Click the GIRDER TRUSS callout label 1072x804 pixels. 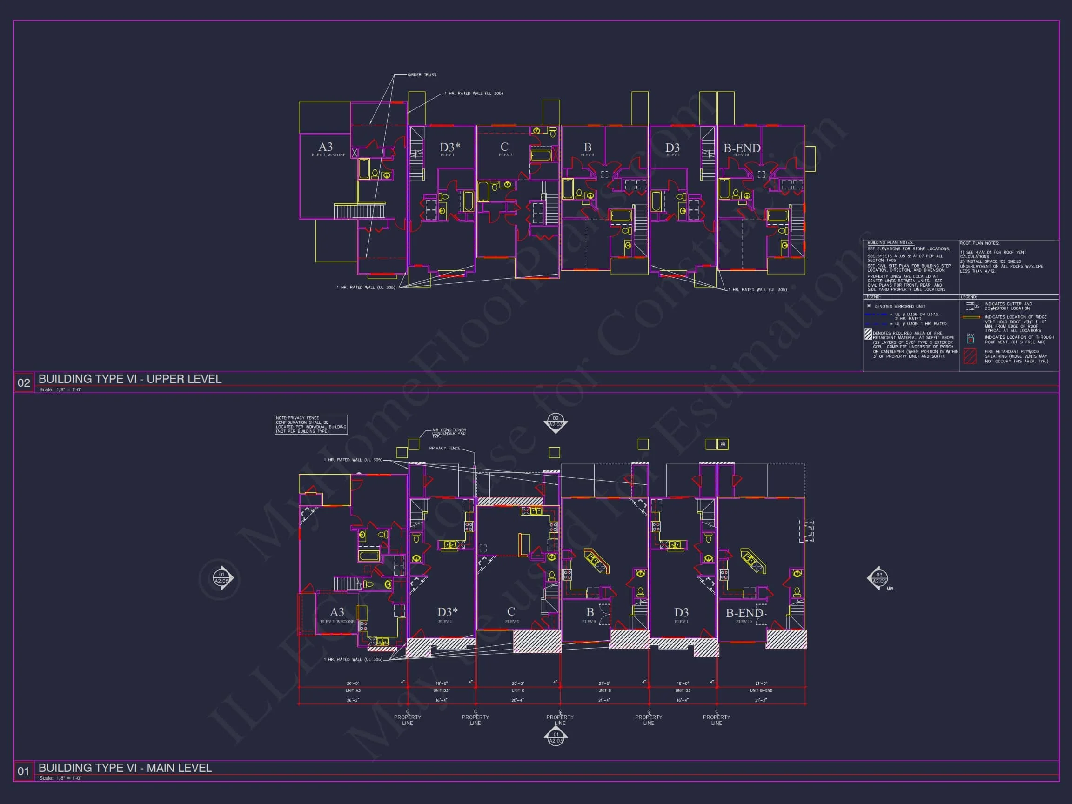click(422, 74)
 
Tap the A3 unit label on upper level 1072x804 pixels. click(326, 147)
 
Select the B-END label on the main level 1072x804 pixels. click(744, 613)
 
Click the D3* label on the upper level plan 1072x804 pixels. click(450, 147)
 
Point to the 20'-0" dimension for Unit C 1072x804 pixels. click(517, 683)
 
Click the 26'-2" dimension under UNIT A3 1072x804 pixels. click(353, 700)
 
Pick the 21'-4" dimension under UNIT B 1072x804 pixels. click(604, 700)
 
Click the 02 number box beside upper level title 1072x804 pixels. click(24, 382)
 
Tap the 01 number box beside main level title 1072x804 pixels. click(24, 771)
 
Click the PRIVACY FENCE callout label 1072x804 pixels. click(444, 448)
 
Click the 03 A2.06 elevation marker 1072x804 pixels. click(878, 578)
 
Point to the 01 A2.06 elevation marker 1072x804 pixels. click(221, 578)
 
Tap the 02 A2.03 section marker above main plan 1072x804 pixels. click(556, 421)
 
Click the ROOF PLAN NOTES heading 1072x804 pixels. click(979, 243)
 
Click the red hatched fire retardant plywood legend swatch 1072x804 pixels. click(970, 356)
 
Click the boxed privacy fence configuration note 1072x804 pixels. click(311, 424)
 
